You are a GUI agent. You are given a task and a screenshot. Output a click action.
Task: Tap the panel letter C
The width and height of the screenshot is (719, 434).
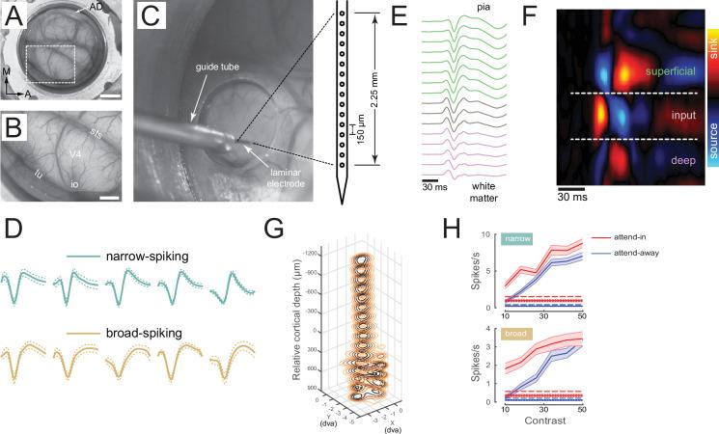pos(152,19)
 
